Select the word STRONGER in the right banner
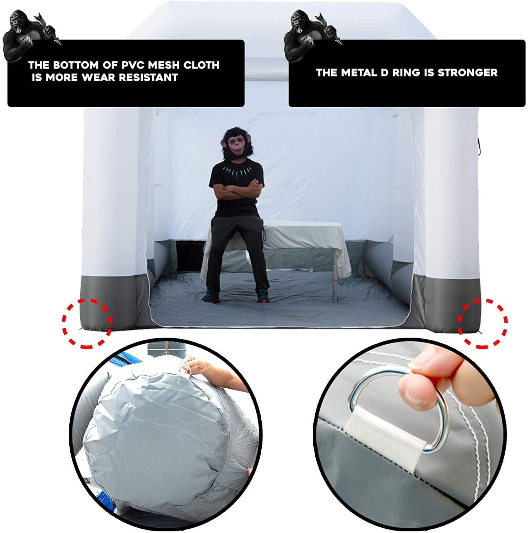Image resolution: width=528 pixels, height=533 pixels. pos(467,73)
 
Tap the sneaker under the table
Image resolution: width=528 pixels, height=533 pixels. pos(262,295)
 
